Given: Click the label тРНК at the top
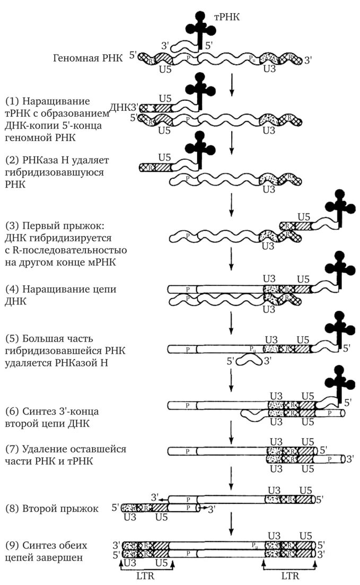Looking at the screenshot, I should coord(227,17).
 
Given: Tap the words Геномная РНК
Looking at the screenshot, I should coord(88,57).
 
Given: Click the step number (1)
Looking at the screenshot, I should coord(12,101).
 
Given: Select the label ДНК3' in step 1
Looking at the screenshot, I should coord(125,107).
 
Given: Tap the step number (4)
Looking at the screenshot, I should coord(12,290).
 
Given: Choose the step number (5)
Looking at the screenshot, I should coord(12,338).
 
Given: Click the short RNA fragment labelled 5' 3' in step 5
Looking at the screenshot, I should coord(249,362).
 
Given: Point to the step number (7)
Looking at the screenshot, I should coord(12,449).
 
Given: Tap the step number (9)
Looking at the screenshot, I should coord(12,545).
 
